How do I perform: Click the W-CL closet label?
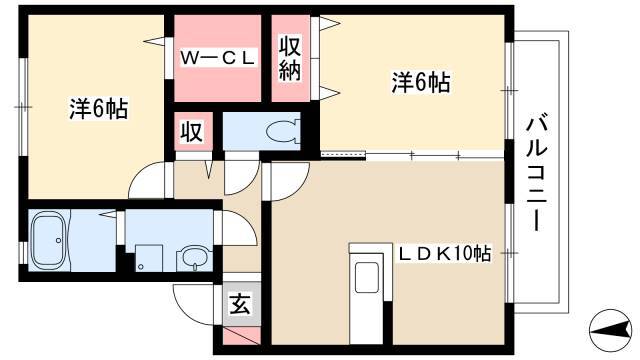[x=218, y=58]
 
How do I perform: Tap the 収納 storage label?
[x=290, y=58]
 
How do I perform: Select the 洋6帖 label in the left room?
[x=98, y=109]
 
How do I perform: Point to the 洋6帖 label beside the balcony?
[x=421, y=82]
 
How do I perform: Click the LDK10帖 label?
[x=444, y=254]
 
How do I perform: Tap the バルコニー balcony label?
[x=537, y=173]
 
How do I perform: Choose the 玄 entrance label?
[x=240, y=304]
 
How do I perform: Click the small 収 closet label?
[x=192, y=131]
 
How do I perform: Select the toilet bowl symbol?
[x=282, y=131]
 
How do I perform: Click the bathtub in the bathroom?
[x=49, y=241]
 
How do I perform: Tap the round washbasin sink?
[x=195, y=258]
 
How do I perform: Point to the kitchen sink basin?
[x=367, y=278]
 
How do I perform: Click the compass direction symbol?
[x=611, y=331]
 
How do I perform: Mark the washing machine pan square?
[x=149, y=258]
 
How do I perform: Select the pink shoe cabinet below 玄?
[x=242, y=335]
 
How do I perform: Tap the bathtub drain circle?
[x=59, y=240]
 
